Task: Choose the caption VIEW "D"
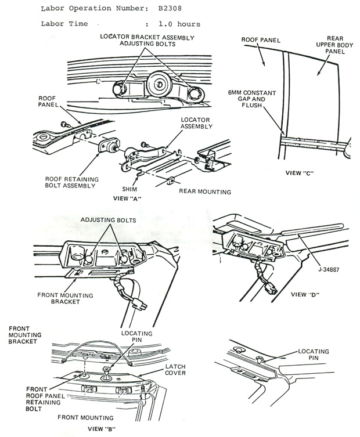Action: click(x=306, y=294)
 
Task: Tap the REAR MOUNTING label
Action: click(x=205, y=191)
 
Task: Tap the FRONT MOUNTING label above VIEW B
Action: click(x=85, y=417)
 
